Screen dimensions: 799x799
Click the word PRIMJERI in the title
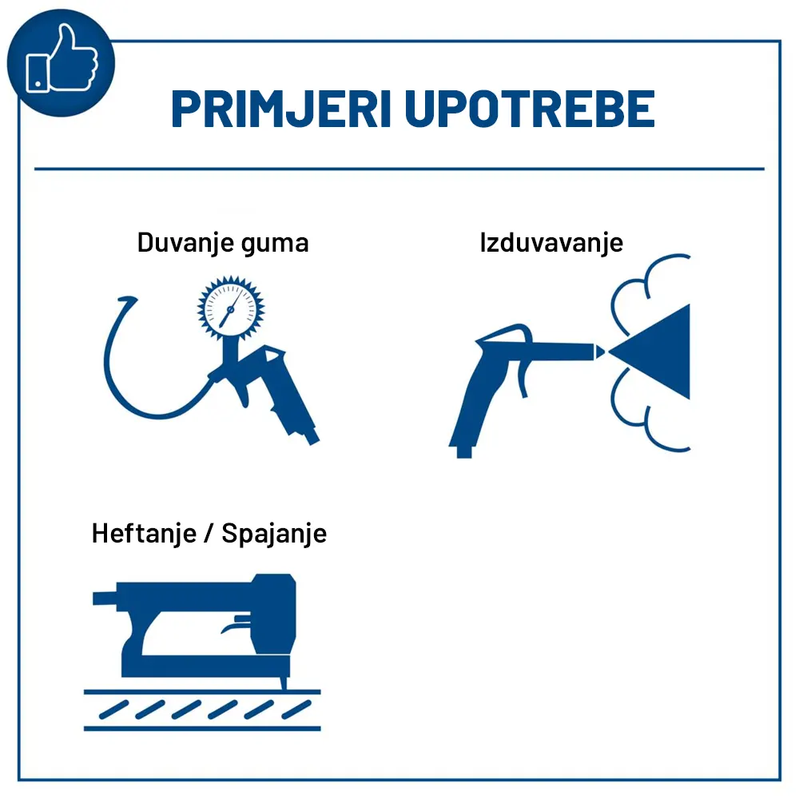[281, 109]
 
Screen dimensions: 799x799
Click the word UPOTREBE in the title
[530, 109]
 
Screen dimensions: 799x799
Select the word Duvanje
[185, 243]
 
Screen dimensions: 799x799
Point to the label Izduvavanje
[551, 243]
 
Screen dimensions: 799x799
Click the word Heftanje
[144, 534]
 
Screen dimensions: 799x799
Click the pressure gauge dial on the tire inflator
[231, 308]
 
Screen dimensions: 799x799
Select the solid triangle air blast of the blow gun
[658, 352]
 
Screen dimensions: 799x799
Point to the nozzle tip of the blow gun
[599, 352]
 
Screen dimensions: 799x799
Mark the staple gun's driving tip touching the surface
[284, 683]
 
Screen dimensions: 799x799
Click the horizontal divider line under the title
[399, 169]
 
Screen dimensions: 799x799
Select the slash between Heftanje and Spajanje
[209, 535]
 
